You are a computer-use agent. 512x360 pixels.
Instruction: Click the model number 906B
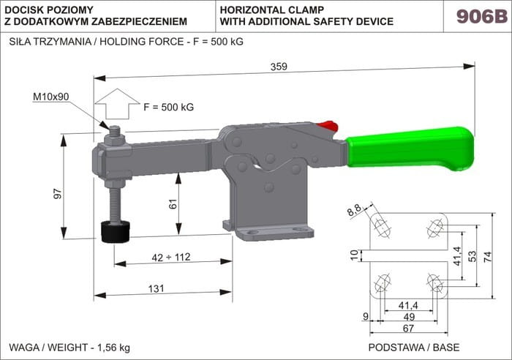click(x=482, y=16)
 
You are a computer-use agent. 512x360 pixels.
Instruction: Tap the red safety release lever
click(x=328, y=126)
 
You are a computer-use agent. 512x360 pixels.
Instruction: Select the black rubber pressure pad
click(x=116, y=232)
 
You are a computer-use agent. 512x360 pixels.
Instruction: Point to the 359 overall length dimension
click(x=279, y=67)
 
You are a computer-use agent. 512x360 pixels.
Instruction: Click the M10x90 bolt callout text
click(x=51, y=97)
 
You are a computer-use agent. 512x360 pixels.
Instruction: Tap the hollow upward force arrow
click(x=117, y=104)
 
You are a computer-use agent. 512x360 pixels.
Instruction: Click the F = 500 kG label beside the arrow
click(x=168, y=107)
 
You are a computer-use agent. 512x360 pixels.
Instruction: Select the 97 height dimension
click(x=58, y=193)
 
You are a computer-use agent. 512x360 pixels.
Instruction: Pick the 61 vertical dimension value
click(x=173, y=203)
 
